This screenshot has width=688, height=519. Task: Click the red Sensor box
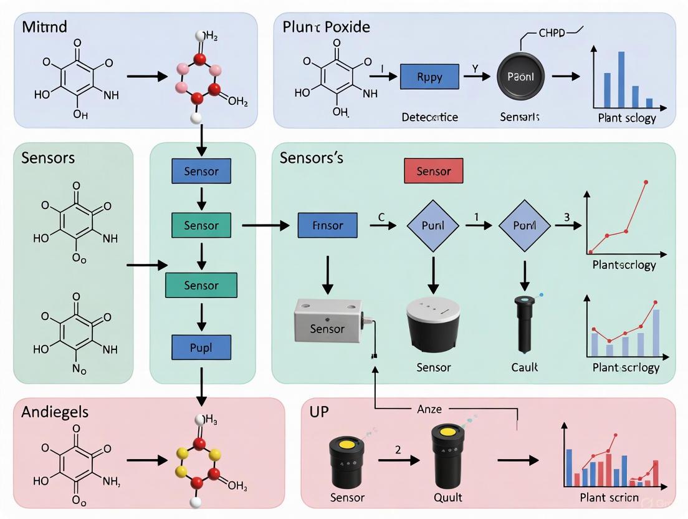[x=433, y=171]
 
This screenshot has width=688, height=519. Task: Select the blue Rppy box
[x=429, y=77]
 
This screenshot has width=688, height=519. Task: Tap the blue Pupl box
[x=201, y=347]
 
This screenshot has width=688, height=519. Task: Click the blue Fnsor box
[x=328, y=225]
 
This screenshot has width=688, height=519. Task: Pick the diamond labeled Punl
[x=432, y=225]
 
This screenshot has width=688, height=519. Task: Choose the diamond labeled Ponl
[x=524, y=225]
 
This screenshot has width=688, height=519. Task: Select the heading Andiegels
[x=55, y=412]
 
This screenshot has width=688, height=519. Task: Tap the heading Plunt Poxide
[x=326, y=27]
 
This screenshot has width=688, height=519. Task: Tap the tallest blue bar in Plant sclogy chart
[x=621, y=80]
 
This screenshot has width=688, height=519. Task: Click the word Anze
[x=429, y=409]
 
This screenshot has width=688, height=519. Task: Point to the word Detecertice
[x=429, y=117]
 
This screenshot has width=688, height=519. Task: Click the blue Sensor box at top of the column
[x=201, y=171]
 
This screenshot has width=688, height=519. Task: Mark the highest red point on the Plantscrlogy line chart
[x=645, y=182]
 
